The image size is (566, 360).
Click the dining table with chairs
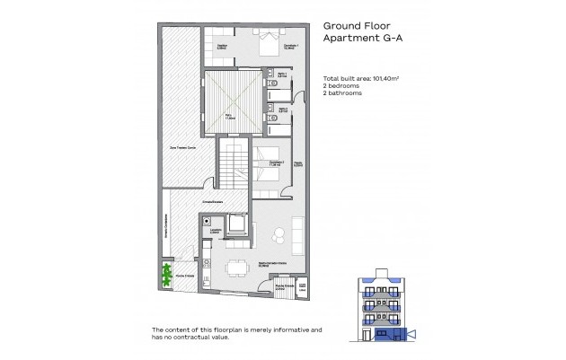(238, 267)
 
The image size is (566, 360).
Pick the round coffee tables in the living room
(279, 235)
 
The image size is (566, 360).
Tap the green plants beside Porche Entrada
(166, 273)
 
